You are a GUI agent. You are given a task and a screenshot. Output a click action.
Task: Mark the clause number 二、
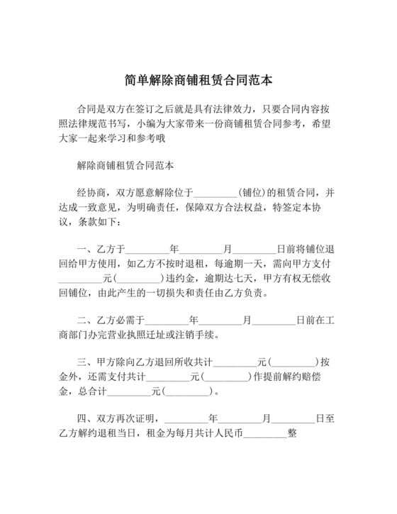(86, 320)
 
